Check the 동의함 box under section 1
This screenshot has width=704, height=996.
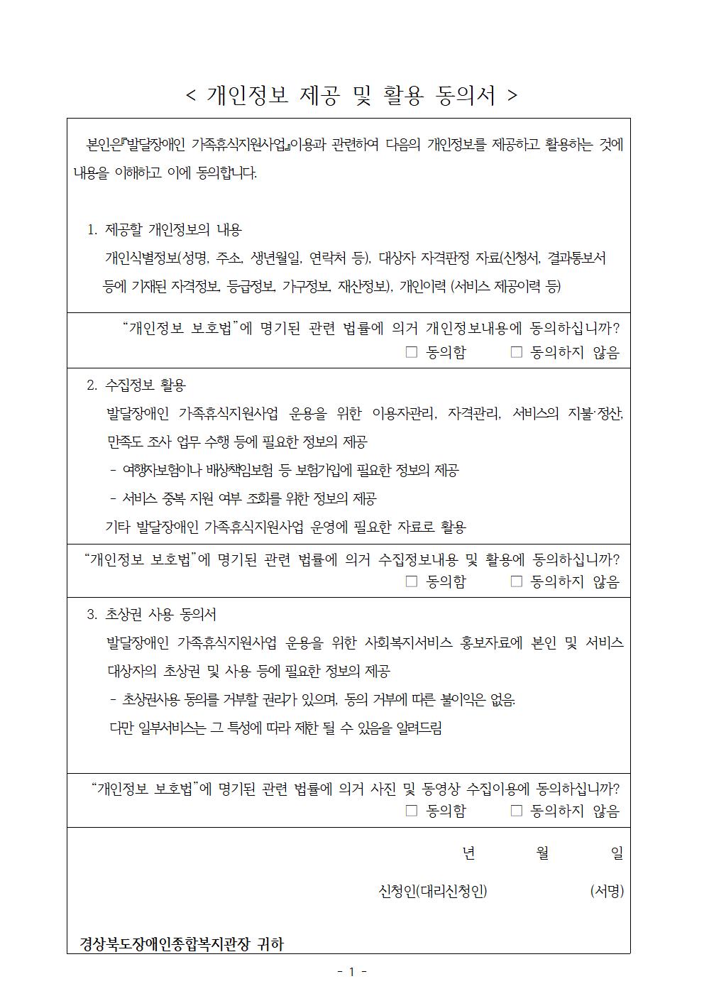[x=412, y=351]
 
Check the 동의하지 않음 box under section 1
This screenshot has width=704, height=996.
[x=517, y=351]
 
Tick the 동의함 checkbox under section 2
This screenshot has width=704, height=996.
[x=412, y=581]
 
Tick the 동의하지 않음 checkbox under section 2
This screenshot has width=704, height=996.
[x=517, y=581]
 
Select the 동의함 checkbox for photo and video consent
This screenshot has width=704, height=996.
[x=412, y=810]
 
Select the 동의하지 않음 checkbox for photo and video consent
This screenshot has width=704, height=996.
[x=517, y=810]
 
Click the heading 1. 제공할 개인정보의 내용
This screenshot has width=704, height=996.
[x=165, y=230]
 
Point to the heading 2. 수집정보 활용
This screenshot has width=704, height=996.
[x=136, y=385]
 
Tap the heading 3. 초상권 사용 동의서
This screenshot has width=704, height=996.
[x=152, y=615]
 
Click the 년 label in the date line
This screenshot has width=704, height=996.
[x=468, y=853]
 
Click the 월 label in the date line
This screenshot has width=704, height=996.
[x=543, y=853]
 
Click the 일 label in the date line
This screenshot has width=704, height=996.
[x=617, y=853]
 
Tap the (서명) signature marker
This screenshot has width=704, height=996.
[x=607, y=891]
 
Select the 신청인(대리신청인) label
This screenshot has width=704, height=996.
[x=433, y=891]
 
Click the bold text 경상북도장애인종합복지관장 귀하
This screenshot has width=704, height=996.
[x=181, y=944]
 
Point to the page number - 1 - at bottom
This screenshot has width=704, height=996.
[x=351, y=972]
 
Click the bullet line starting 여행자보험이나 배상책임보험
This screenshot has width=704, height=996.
[x=284, y=470]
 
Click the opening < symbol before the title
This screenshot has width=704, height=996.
[x=190, y=96]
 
